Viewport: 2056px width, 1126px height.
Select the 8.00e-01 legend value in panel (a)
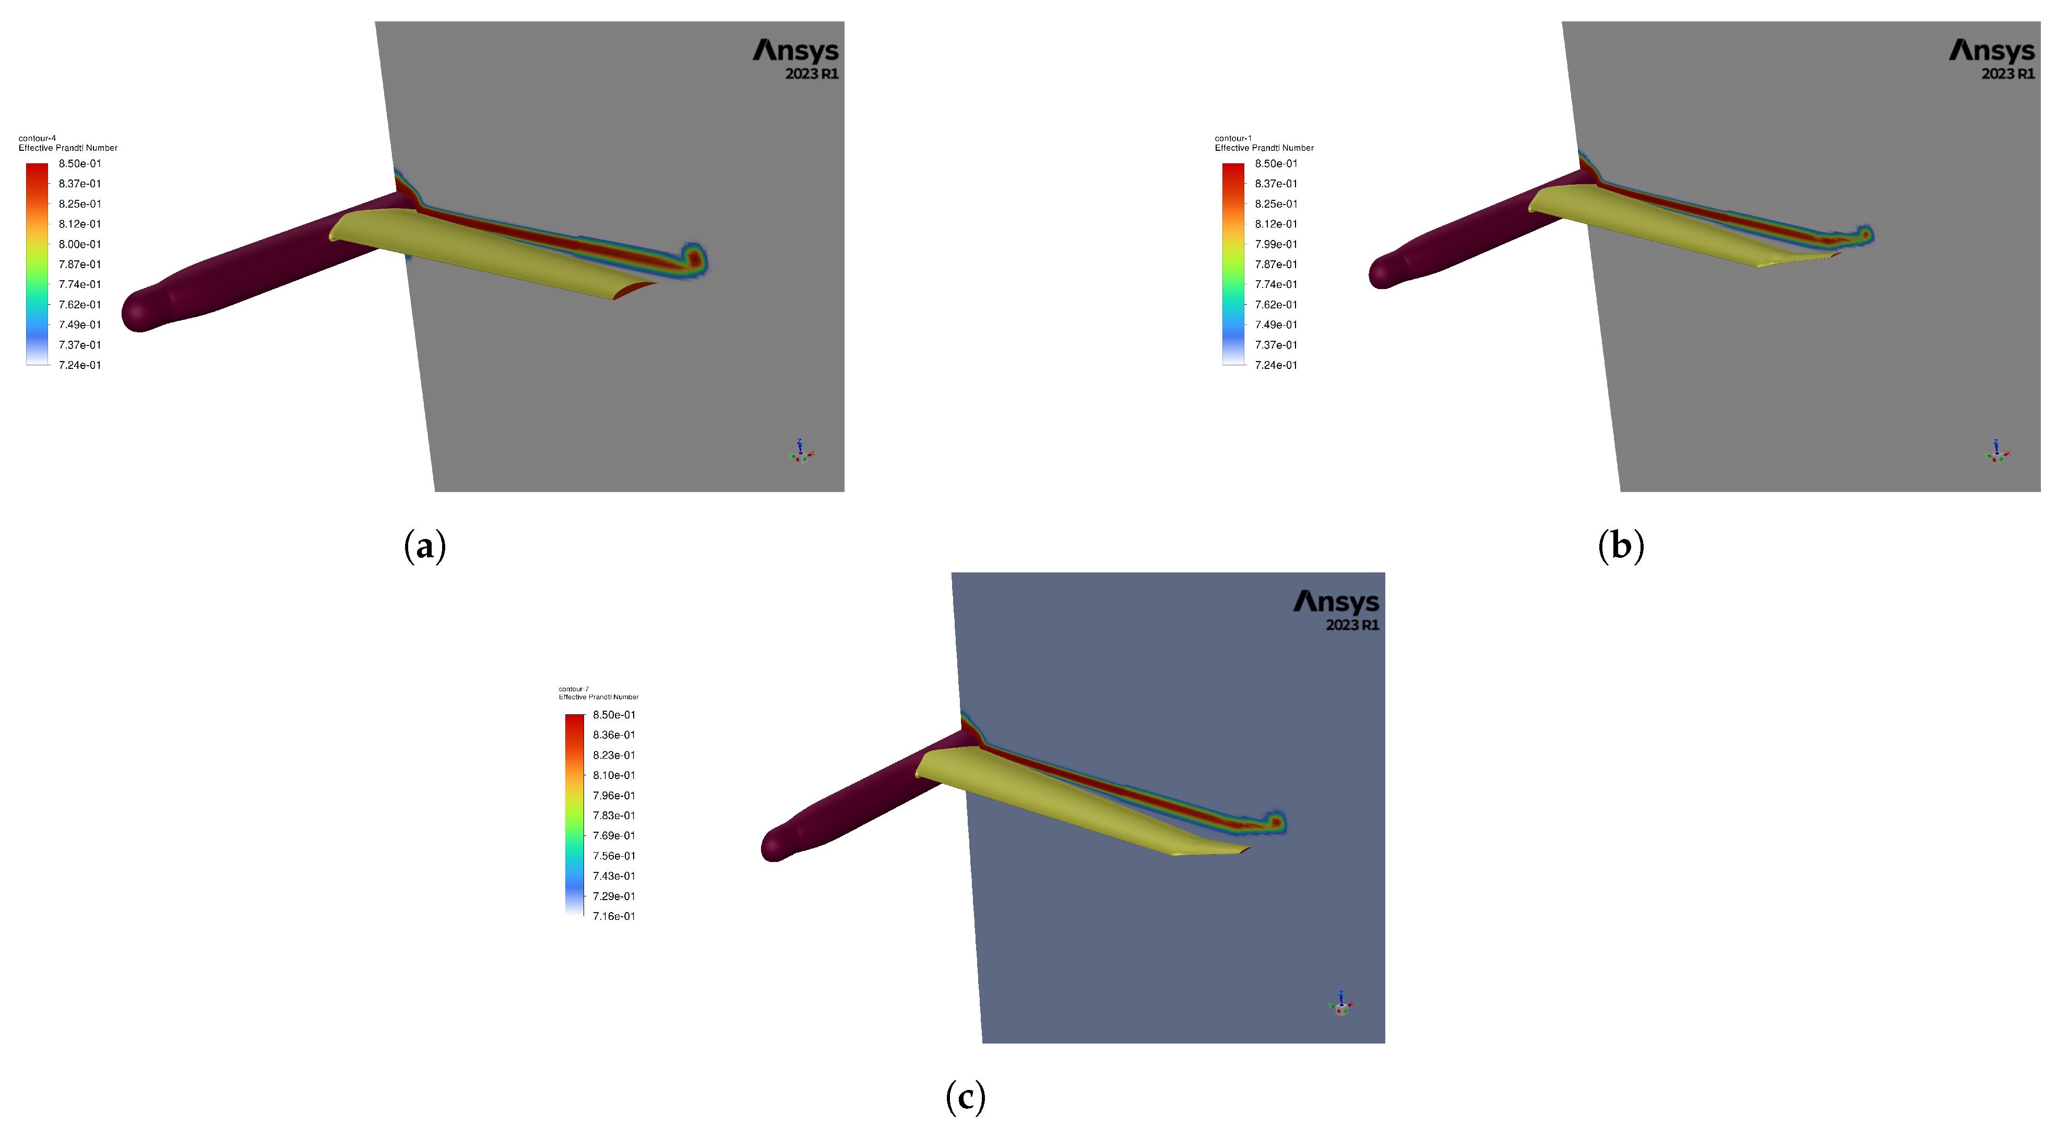(x=80, y=244)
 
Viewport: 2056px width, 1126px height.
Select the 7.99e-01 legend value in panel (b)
(x=1276, y=244)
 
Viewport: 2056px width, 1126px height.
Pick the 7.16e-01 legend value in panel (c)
(x=614, y=916)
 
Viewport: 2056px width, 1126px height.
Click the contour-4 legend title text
(x=38, y=138)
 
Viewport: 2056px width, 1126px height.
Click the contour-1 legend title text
(x=1233, y=138)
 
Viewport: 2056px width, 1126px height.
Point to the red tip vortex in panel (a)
(x=695, y=259)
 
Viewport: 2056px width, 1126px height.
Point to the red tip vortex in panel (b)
(x=1865, y=235)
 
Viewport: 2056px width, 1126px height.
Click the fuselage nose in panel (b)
(x=1381, y=274)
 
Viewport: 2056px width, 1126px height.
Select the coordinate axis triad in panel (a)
(x=801, y=452)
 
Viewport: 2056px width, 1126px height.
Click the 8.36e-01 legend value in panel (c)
(x=614, y=735)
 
